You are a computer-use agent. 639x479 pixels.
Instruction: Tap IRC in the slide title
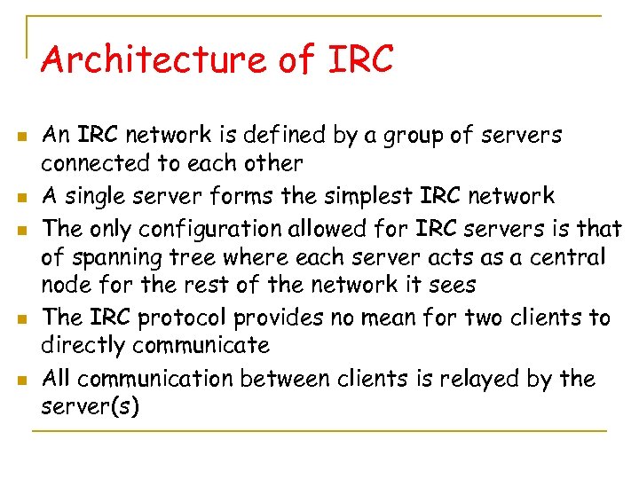point(360,59)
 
